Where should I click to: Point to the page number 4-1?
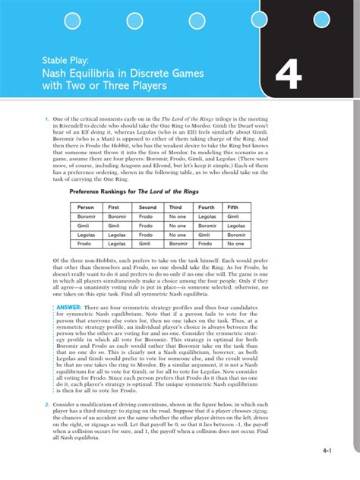pyautogui.click(x=329, y=451)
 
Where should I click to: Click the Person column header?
pyautogui.click(x=86, y=207)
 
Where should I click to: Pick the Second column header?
pyautogui.click(x=147, y=207)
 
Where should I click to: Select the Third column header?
pyautogui.click(x=176, y=207)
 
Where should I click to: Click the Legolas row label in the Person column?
pyautogui.click(x=87, y=235)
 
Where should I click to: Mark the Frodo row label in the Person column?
pyautogui.click(x=86, y=244)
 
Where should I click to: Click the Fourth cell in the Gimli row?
pyautogui.click(x=206, y=226)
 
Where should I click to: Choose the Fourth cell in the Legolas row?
pyautogui.click(x=205, y=235)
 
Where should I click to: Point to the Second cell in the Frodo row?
pyautogui.click(x=147, y=244)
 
